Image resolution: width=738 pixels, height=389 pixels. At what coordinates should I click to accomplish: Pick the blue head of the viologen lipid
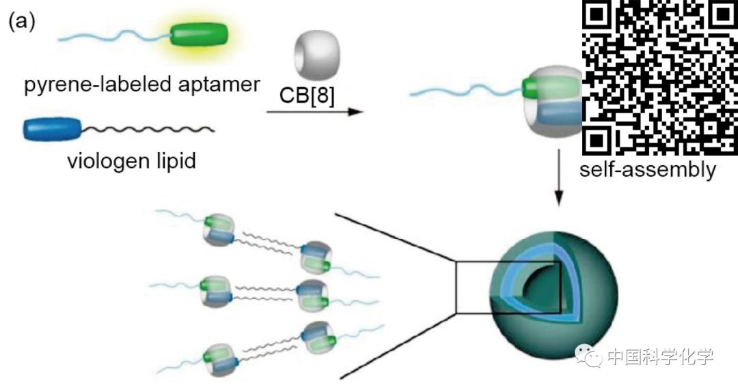(x=52, y=128)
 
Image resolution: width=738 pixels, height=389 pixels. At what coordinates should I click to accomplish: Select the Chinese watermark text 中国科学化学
(x=659, y=356)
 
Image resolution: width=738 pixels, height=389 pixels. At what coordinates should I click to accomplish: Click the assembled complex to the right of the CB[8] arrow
(x=553, y=102)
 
